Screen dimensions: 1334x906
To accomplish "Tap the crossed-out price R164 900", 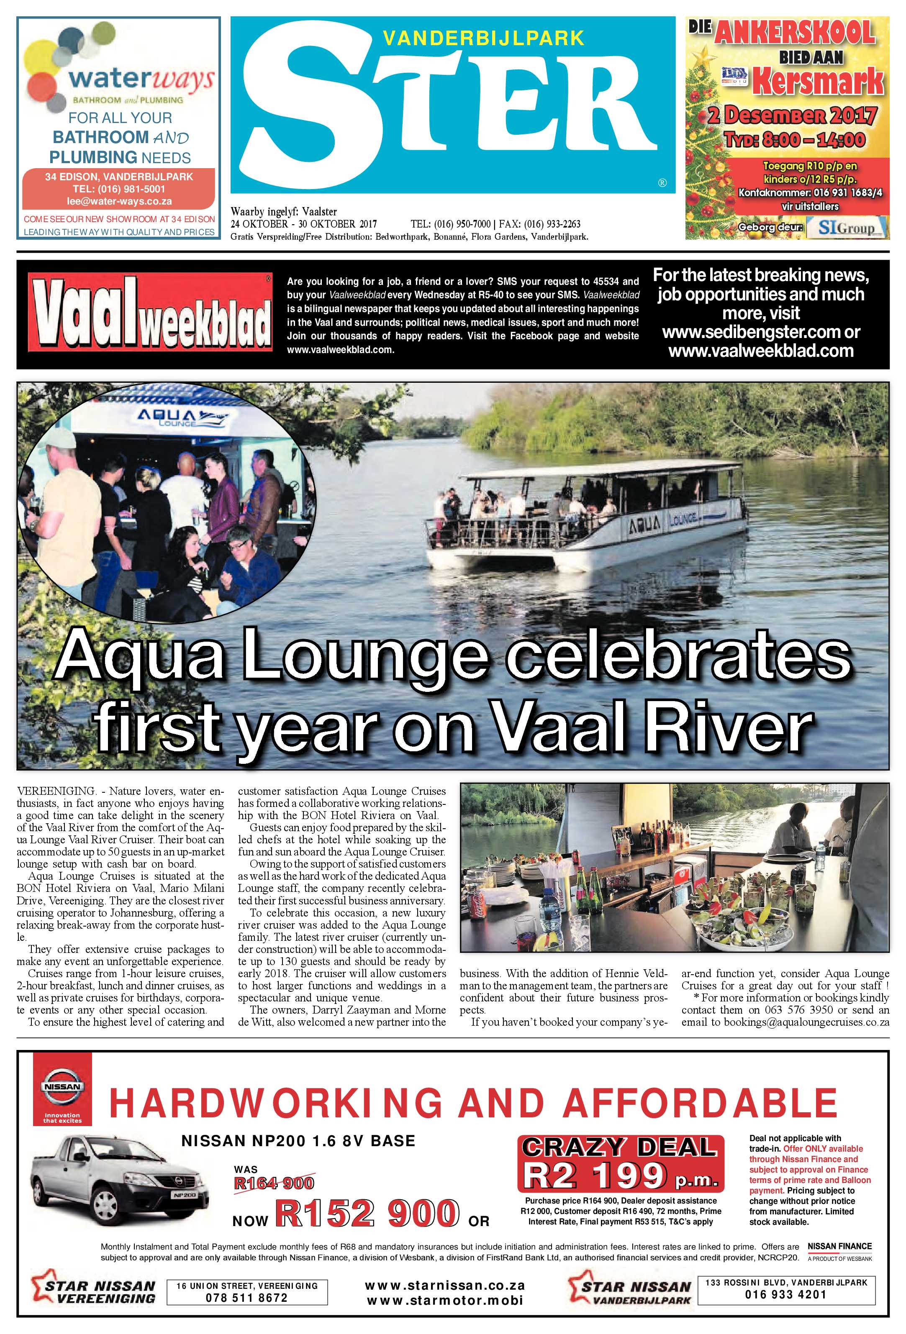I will (x=274, y=1183).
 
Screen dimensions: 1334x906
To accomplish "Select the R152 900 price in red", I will (x=367, y=1212).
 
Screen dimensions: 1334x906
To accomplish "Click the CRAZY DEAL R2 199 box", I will (x=620, y=1162).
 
